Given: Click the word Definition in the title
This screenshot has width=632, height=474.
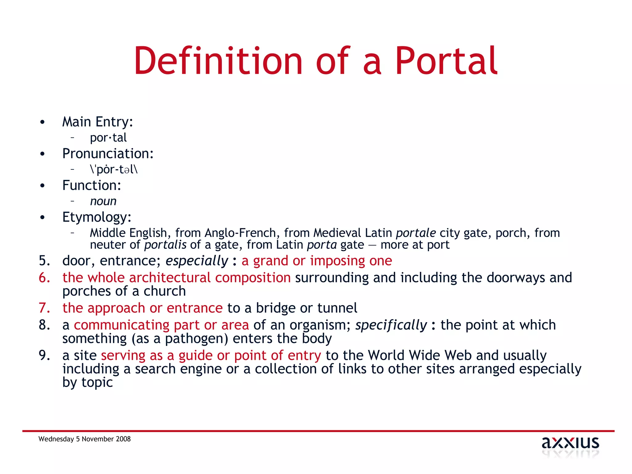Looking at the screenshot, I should point(218,61).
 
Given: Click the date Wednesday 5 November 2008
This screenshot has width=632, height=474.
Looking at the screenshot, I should point(85,439).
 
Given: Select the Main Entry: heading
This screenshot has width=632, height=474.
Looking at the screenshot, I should point(98,122).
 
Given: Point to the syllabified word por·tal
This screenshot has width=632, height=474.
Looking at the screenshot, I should point(108,138).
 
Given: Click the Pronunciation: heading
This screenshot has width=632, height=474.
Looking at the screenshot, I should point(108,154).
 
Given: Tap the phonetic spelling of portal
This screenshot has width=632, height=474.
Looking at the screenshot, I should point(114,169).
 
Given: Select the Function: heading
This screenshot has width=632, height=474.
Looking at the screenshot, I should point(92,185).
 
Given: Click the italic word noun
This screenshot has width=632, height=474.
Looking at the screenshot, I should point(103,201).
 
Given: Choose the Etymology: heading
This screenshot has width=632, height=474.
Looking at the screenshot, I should point(97,217).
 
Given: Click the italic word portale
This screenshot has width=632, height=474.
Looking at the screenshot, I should point(416,233).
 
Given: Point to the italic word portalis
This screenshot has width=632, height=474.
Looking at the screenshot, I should point(165,245).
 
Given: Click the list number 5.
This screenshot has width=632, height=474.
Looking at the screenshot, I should point(44,261).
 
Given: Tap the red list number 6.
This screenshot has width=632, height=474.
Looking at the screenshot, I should point(44,278).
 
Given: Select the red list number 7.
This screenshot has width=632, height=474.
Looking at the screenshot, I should point(44,308).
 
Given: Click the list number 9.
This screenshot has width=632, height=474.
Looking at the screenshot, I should point(44,355).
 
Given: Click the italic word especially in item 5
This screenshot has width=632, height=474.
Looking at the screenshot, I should point(197,261).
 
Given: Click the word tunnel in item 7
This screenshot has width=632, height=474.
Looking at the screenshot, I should point(337,308).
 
